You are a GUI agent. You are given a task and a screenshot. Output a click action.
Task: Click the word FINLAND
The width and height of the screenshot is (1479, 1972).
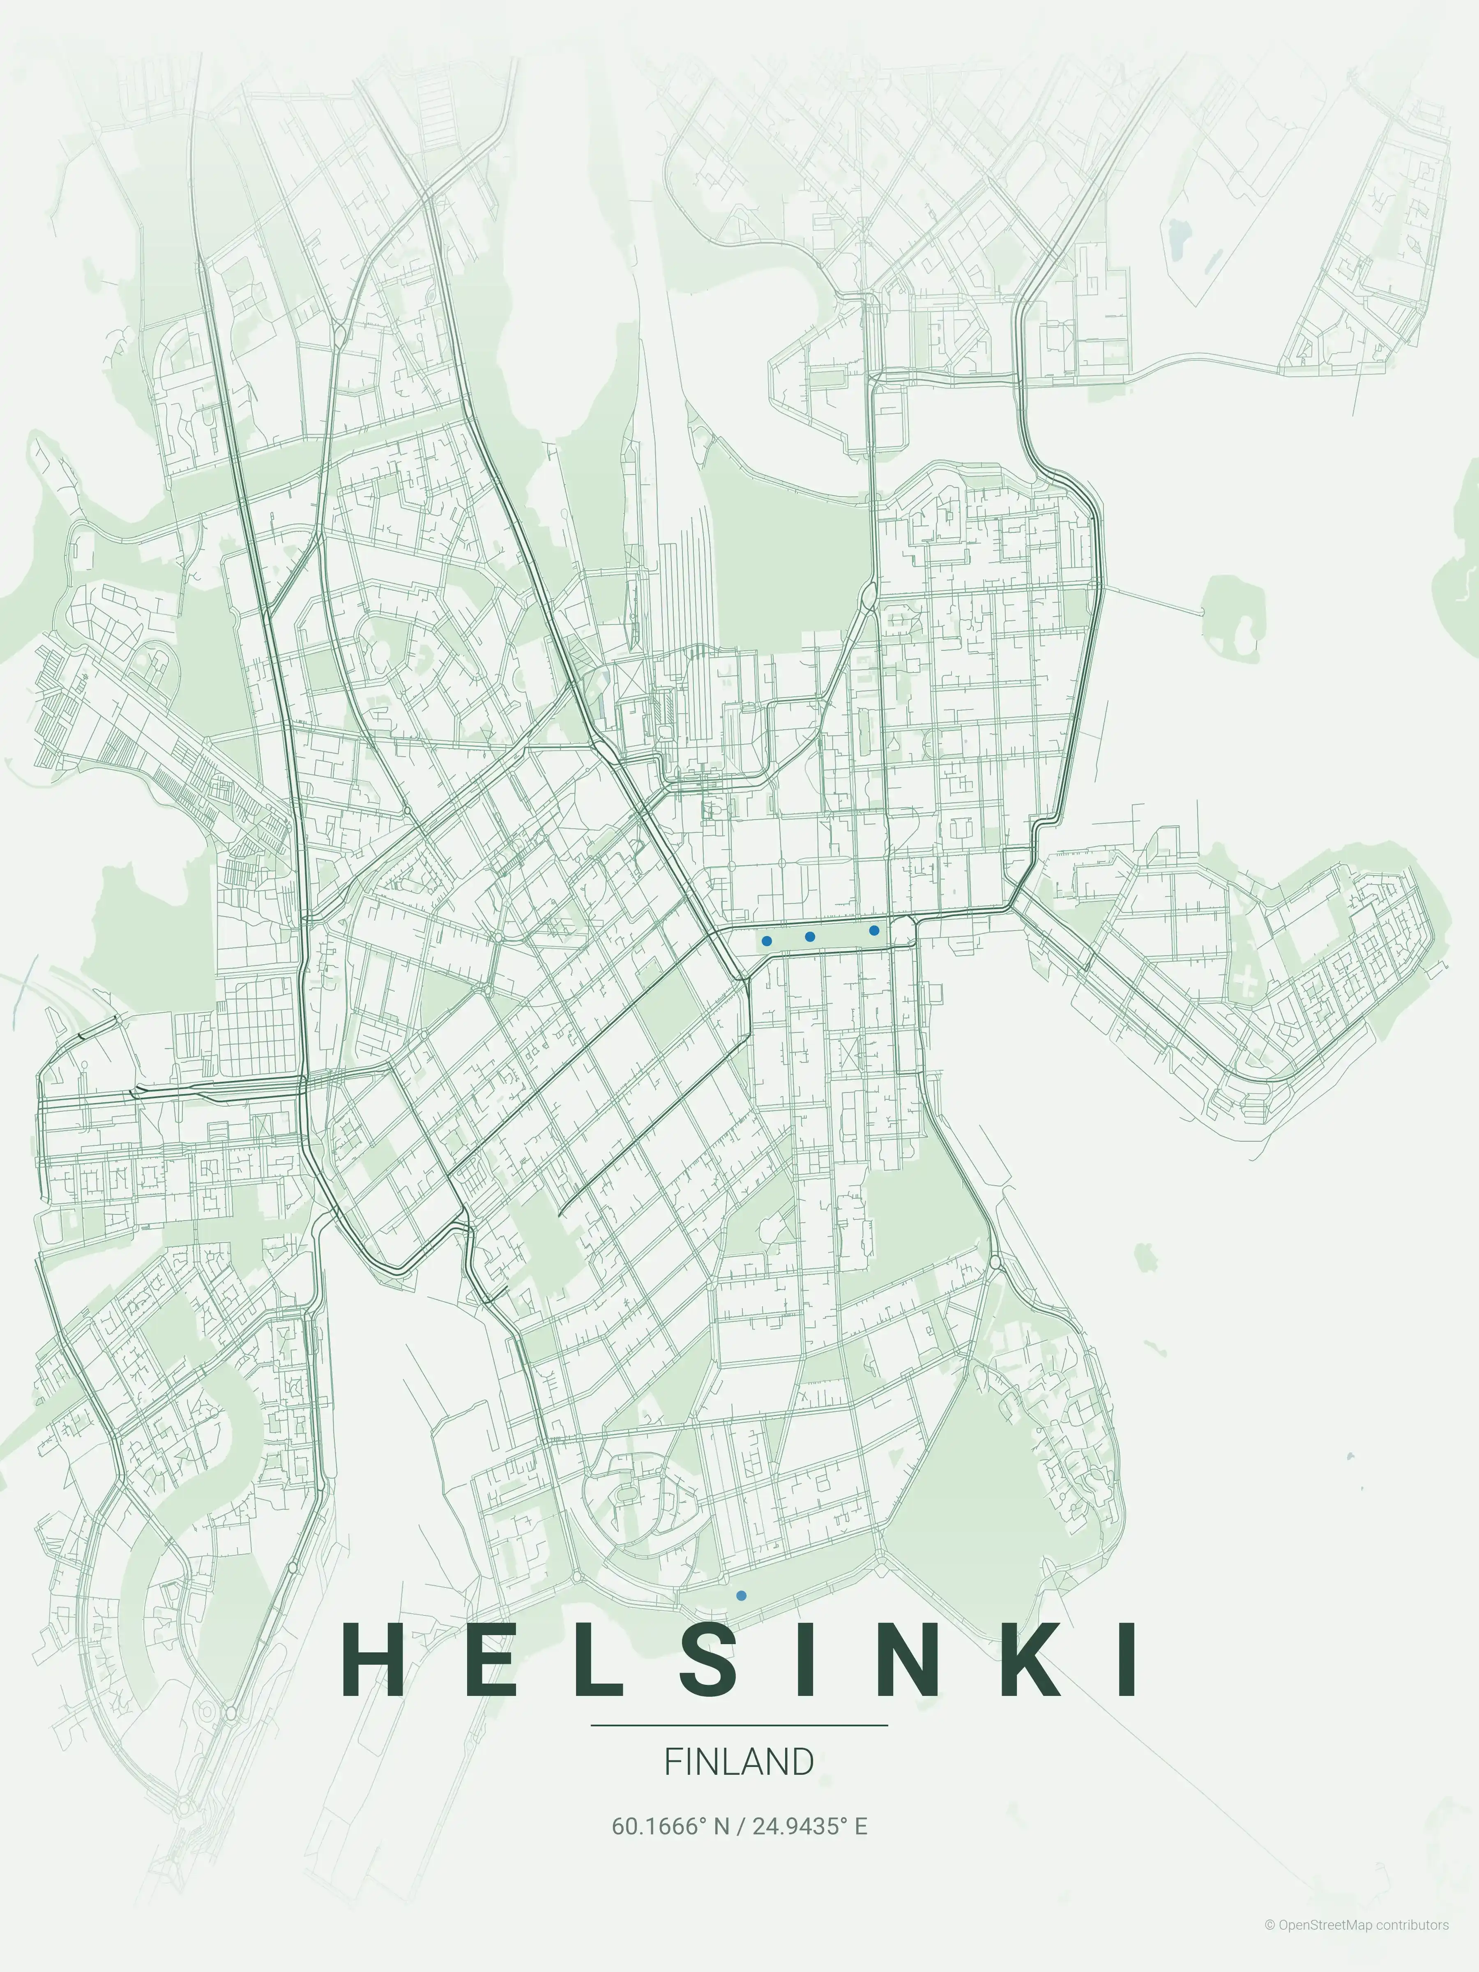739,1762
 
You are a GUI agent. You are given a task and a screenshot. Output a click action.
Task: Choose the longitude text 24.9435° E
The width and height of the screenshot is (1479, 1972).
809,1827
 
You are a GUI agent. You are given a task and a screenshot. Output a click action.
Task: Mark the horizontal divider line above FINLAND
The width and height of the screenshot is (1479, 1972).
739,1725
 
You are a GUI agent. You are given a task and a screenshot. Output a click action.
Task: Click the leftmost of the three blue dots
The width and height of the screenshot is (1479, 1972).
767,940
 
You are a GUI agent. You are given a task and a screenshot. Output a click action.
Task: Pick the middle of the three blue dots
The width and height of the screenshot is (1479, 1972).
809,936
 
